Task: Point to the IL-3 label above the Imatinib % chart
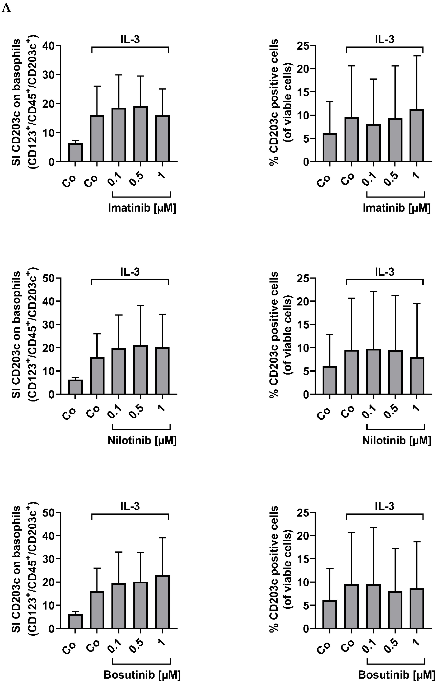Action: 385,39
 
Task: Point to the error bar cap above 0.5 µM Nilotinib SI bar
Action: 140,306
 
